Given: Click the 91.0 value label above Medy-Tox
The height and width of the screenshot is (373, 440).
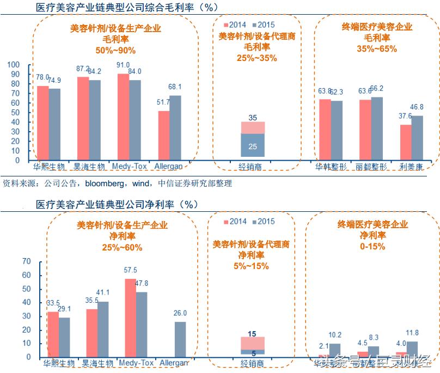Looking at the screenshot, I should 123,65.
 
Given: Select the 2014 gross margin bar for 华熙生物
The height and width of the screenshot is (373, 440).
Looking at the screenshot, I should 42,123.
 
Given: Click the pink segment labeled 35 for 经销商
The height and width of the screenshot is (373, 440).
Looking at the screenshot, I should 252,127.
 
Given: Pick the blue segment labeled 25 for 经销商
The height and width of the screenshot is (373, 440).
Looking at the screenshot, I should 252,145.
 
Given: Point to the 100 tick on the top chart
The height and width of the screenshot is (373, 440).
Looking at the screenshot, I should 13,65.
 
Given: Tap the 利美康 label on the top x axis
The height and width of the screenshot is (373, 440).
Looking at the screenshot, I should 412,167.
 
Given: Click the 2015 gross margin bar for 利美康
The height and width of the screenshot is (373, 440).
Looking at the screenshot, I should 417,138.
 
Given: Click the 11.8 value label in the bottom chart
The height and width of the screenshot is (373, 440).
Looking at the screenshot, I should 413,333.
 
